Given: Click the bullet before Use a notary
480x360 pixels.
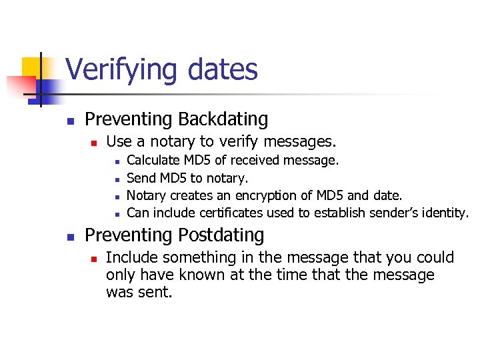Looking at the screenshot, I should [95, 143].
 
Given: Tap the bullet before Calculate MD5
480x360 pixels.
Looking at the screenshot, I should [117, 161].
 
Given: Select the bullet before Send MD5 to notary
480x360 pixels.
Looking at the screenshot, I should [117, 179].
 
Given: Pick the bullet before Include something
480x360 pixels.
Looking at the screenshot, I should [95, 259].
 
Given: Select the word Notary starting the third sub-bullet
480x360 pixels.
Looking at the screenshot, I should [146, 195].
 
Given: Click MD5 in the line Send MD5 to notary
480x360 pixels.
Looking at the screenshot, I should [169, 178].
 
